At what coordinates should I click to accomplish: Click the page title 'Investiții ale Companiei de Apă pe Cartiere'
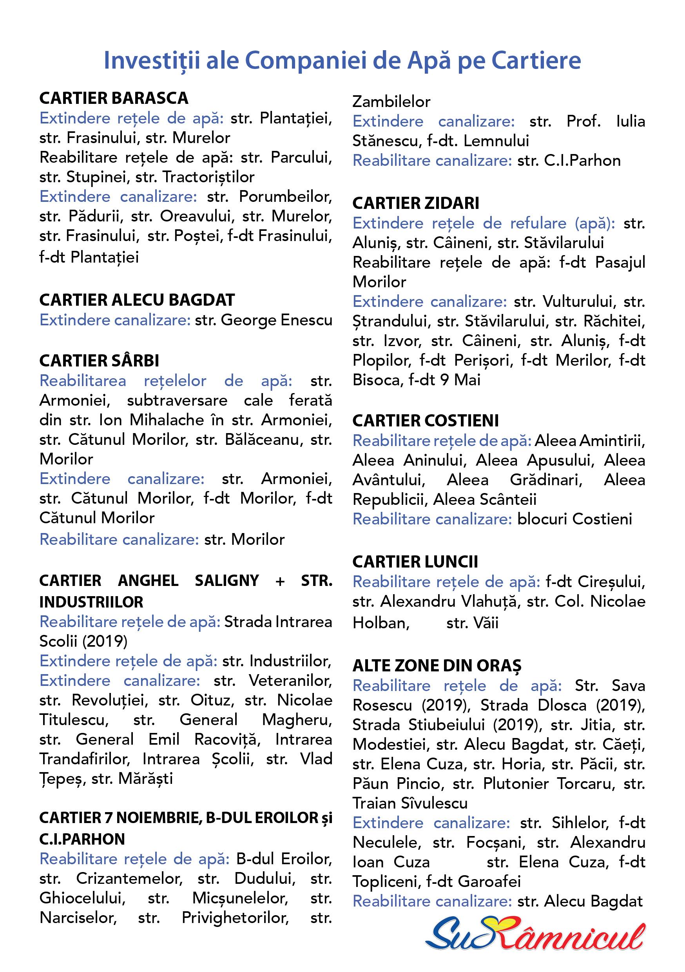click(342, 60)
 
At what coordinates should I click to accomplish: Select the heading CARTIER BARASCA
click(114, 98)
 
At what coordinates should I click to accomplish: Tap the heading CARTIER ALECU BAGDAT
click(137, 300)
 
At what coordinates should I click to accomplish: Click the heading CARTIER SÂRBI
click(99, 361)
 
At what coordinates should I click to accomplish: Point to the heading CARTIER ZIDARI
click(416, 203)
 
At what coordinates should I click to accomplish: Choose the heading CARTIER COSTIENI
click(426, 421)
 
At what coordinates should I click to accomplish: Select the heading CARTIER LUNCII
click(415, 562)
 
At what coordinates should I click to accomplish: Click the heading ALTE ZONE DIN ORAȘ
click(437, 666)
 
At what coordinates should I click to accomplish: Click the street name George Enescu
click(276, 320)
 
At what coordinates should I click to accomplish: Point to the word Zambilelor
click(391, 102)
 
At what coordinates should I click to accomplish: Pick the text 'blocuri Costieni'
click(574, 519)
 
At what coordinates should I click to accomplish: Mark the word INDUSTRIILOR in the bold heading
click(91, 602)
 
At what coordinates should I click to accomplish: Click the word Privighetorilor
click(235, 918)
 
